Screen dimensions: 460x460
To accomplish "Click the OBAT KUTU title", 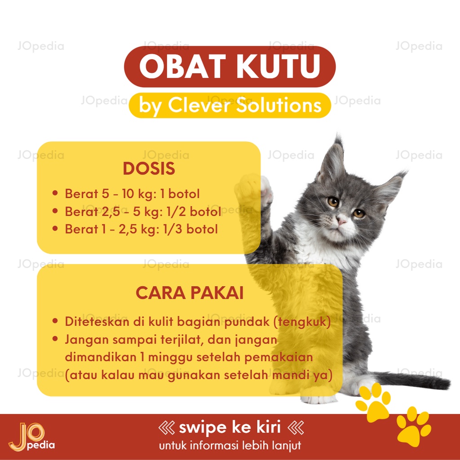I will (x=230, y=67).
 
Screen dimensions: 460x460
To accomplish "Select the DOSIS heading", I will (x=149, y=169).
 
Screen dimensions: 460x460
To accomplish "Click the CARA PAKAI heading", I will (x=190, y=293).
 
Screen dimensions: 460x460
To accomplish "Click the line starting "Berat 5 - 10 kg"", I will (x=132, y=194).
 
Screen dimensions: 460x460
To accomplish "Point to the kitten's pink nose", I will (x=341, y=221).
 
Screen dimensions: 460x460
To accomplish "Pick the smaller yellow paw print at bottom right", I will (x=413, y=427).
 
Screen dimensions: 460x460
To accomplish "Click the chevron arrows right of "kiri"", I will (x=295, y=427).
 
